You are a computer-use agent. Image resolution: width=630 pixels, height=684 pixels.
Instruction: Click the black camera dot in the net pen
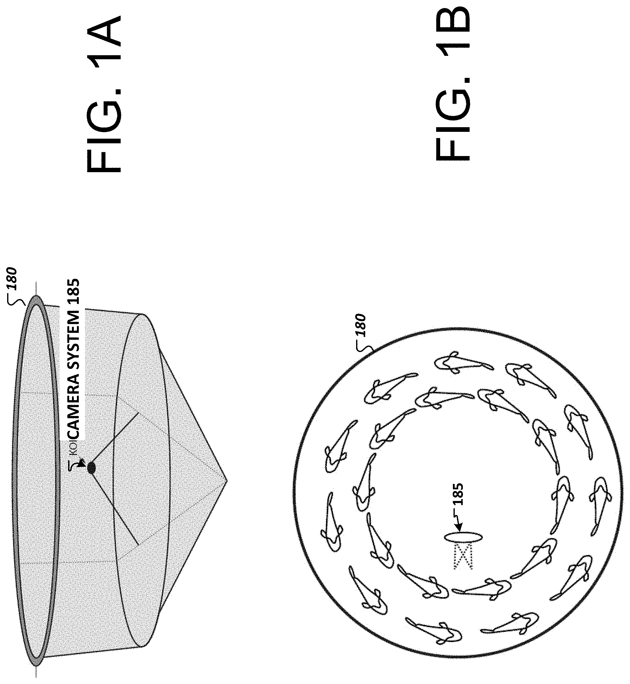92,467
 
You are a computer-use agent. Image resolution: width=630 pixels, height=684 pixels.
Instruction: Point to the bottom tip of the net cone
226,481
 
